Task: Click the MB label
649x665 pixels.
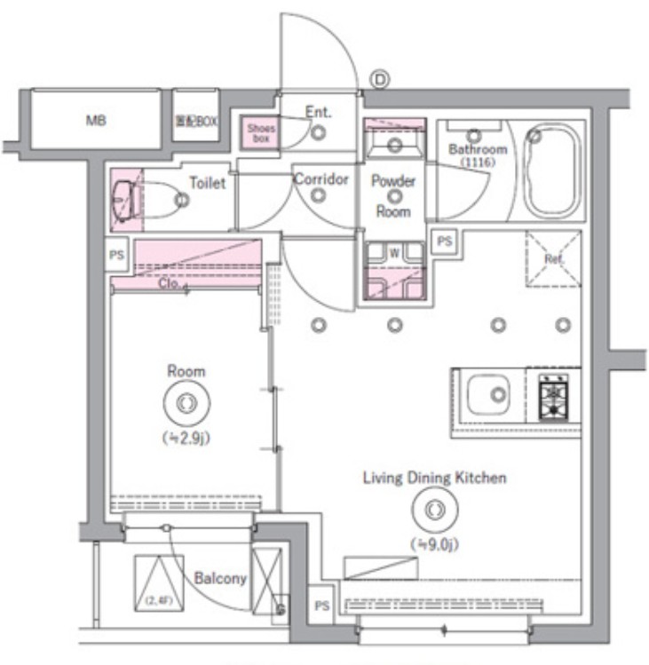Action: point(96,121)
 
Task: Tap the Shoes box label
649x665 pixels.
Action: point(261,133)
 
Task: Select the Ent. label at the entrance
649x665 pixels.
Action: point(317,112)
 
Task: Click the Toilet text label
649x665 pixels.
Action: point(207,183)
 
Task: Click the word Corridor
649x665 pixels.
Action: point(321,179)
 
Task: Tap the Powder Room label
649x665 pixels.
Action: point(392,196)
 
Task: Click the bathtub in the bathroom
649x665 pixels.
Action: point(551,169)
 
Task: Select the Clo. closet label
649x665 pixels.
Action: point(170,285)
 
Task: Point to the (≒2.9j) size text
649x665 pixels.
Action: point(185,437)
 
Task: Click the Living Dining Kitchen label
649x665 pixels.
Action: point(434,478)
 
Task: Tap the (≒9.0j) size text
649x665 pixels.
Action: point(433,542)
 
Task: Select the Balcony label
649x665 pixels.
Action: point(219,578)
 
